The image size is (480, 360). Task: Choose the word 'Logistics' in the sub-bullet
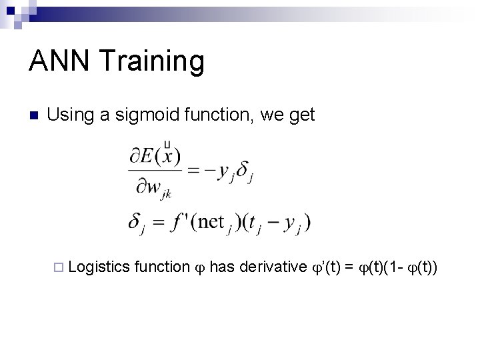coord(99,267)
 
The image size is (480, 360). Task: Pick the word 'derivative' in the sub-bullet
coord(273,267)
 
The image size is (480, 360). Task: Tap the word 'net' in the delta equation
coord(211,221)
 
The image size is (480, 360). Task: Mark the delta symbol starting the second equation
coord(136,222)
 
